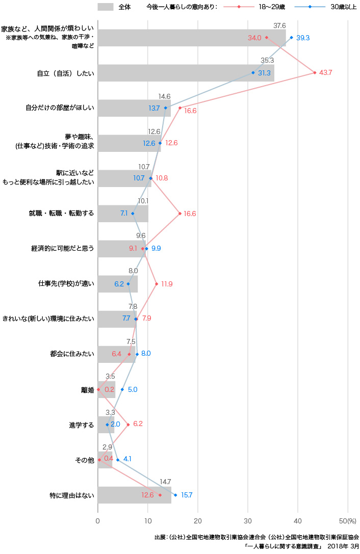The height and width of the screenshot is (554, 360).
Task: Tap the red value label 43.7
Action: [325, 73]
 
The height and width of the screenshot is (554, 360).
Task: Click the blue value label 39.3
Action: [303, 38]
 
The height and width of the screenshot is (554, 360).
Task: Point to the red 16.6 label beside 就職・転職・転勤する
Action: [190, 214]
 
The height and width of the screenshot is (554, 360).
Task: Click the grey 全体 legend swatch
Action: [105, 7]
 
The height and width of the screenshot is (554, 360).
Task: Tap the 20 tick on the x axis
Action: [198, 521]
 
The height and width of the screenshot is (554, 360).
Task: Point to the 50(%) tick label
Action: [349, 521]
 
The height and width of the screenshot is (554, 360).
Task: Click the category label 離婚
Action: [87, 389]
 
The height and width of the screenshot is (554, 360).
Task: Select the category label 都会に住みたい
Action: [72, 354]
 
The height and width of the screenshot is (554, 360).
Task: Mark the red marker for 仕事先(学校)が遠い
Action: [157, 284]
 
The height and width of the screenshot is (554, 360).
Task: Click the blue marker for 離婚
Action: [122, 389]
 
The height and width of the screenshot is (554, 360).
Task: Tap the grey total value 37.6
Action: [279, 25]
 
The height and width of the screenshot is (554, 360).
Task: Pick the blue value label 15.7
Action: [187, 495]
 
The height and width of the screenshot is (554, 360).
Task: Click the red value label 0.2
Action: [109, 389]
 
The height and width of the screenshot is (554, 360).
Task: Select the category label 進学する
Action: [82, 425]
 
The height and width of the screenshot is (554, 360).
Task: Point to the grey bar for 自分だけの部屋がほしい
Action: [134, 108]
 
